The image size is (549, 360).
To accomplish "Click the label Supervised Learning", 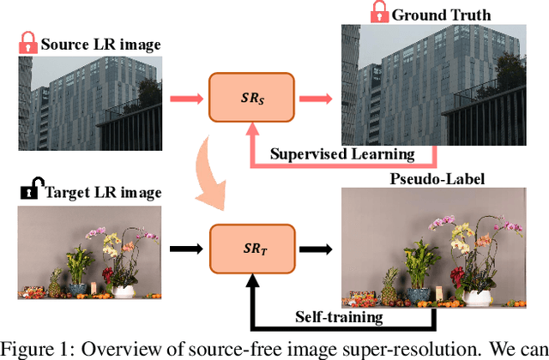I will tap(343, 154).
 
